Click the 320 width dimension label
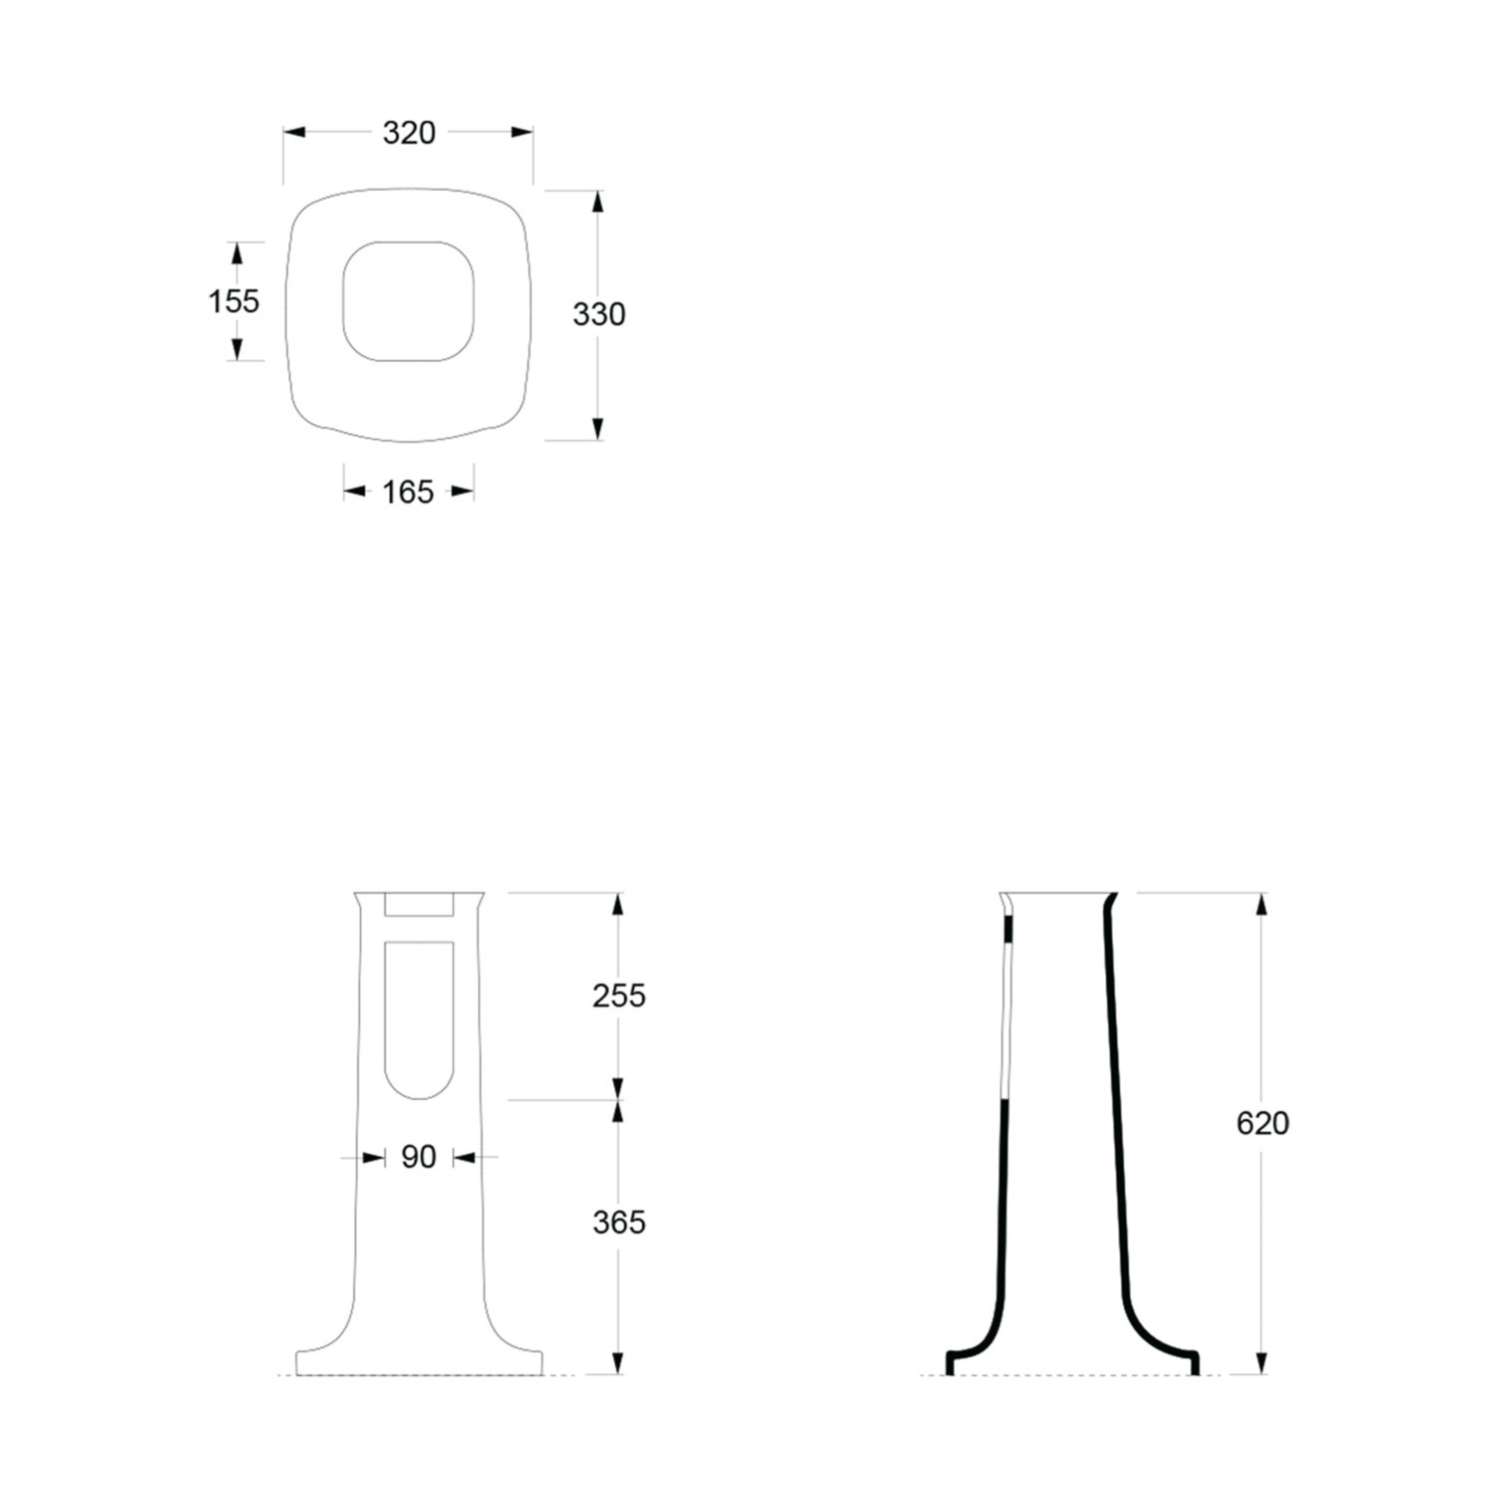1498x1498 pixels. pyautogui.click(x=408, y=133)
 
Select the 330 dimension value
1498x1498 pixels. pyautogui.click(x=599, y=315)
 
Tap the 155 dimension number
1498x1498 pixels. pyautogui.click(x=234, y=301)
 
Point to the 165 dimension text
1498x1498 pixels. pyautogui.click(x=408, y=491)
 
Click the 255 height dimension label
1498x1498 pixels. pyautogui.click(x=619, y=996)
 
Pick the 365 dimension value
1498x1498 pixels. pyautogui.click(x=619, y=1222)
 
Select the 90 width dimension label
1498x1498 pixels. pyautogui.click(x=418, y=1156)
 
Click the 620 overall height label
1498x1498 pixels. pyautogui.click(x=1263, y=1123)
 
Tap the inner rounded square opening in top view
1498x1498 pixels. pyautogui.click(x=344, y=300)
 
